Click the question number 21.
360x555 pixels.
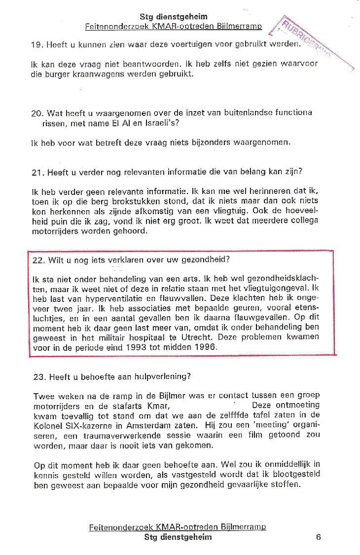[x=37, y=172]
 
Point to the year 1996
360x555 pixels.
[x=206, y=347]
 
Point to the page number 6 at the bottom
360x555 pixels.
[x=318, y=537]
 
